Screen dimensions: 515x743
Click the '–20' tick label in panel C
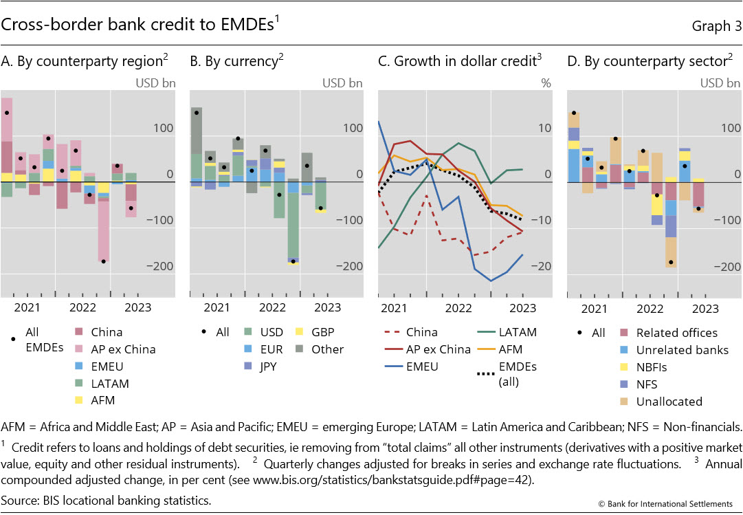coord(542,266)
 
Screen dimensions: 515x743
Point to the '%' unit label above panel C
coord(546,83)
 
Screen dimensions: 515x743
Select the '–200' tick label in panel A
coord(162,266)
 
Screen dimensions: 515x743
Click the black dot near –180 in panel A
coord(103,261)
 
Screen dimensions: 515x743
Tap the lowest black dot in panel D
coord(670,262)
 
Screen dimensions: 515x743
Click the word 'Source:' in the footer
coord(21,500)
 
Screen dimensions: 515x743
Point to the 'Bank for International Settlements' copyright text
coord(670,505)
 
